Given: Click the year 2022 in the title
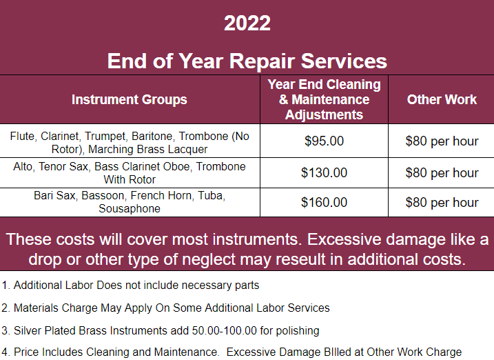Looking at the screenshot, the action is [247, 23].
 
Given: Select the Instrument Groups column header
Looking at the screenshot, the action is [129, 99].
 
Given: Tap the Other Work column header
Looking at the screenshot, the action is [442, 99].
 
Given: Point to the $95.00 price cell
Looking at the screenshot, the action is [324, 141].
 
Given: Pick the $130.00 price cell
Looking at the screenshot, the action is [324, 172].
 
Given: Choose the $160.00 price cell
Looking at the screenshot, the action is [324, 202].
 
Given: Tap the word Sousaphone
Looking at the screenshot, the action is [129, 209].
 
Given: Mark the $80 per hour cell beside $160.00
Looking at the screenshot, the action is [442, 202].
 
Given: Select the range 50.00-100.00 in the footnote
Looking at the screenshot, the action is [225, 330].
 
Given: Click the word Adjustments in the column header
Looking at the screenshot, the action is [324, 114].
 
